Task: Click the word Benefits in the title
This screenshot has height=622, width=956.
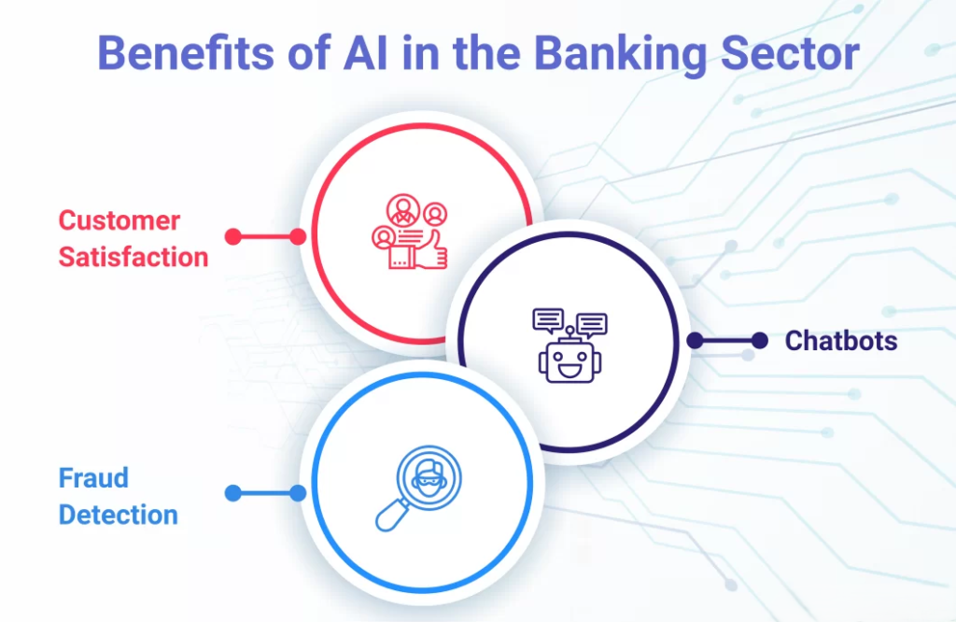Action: [187, 53]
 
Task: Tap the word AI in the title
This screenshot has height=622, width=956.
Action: [365, 53]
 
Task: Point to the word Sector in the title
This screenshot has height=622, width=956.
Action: [790, 53]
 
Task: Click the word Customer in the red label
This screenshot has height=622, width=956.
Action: [119, 220]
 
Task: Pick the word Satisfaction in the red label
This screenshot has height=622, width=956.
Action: [134, 257]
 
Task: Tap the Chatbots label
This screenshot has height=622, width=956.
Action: [841, 340]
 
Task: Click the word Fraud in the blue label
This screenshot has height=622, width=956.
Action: [93, 478]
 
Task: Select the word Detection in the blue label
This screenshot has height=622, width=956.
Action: [119, 515]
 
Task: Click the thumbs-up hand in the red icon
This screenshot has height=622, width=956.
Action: [431, 251]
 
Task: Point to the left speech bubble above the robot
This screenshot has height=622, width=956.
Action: [548, 320]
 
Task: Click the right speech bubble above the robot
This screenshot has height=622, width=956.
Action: [591, 325]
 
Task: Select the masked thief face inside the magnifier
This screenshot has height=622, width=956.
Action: [429, 477]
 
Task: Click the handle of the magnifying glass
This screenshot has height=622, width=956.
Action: [391, 516]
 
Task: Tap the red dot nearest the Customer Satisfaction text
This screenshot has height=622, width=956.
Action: [232, 236]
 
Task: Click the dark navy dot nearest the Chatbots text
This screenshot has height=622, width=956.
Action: [760, 340]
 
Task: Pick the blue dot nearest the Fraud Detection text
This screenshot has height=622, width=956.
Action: [232, 493]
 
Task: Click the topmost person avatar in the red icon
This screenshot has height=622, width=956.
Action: [403, 210]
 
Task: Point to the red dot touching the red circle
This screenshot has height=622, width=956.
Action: [298, 236]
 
